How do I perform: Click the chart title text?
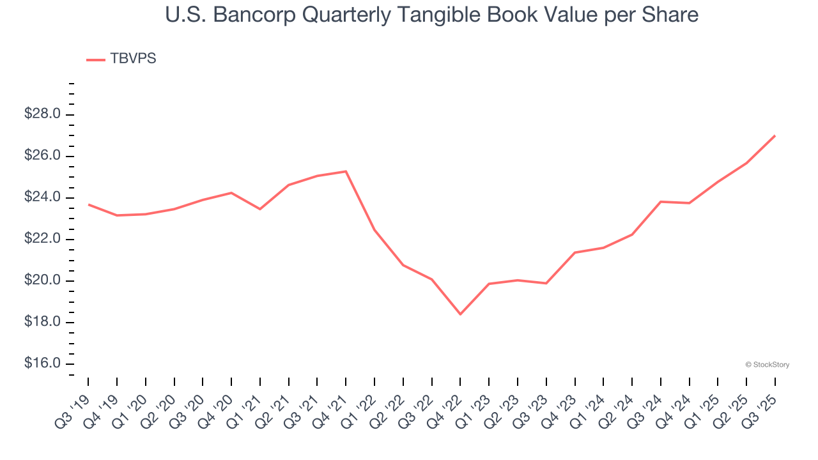coord(431,15)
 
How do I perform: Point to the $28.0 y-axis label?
coord(42,114)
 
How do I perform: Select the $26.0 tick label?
coord(42,156)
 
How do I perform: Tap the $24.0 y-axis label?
coord(42,197)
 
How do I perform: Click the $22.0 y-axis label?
coord(42,239)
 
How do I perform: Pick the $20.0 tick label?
coord(42,280)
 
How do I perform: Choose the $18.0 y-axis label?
coord(42,322)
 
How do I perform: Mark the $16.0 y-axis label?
coord(42,364)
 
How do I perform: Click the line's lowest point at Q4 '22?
coord(460,314)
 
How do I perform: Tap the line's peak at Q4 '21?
coord(346,171)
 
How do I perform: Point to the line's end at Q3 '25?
coord(775,135)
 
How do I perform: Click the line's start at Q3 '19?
coord(88,204)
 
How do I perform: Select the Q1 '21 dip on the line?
coord(260,209)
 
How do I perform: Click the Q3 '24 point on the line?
coord(661,201)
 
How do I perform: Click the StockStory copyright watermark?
coord(767,365)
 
